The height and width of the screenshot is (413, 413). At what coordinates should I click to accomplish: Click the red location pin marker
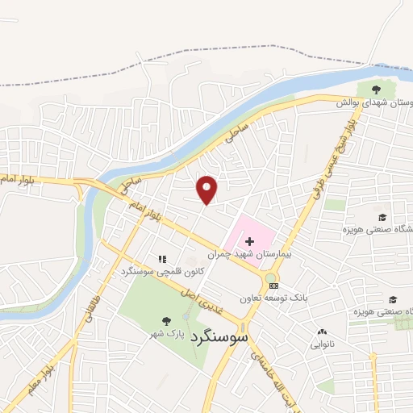click(x=208, y=190)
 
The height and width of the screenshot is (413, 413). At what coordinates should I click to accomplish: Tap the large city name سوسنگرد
click(x=220, y=340)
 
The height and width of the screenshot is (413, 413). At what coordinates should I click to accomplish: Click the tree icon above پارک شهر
click(x=167, y=320)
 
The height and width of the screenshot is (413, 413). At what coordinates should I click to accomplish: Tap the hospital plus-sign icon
click(x=249, y=241)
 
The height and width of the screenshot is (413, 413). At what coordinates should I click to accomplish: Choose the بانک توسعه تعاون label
click(x=274, y=298)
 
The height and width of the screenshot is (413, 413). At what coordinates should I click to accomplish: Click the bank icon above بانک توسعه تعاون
click(x=273, y=285)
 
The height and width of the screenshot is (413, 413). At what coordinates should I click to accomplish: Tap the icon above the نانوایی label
click(x=323, y=332)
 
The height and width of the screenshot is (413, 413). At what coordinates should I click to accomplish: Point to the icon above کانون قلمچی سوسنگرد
click(x=162, y=260)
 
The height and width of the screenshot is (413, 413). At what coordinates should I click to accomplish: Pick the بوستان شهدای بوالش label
click(x=376, y=103)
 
